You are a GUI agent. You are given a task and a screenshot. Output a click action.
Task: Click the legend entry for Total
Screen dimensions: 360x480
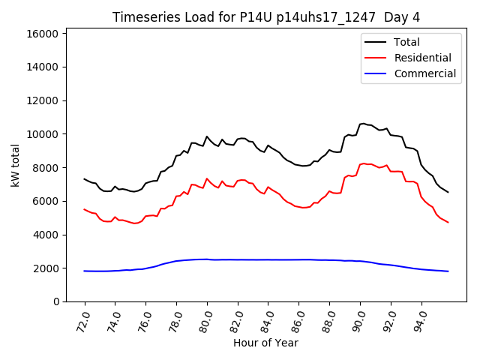pos(406,42)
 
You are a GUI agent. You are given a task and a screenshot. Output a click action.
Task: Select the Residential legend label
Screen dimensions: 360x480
pos(422,58)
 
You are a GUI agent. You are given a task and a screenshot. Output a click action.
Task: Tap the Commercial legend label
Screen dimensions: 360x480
pos(424,73)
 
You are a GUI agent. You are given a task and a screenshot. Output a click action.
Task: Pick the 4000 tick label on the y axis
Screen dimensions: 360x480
pos(46,235)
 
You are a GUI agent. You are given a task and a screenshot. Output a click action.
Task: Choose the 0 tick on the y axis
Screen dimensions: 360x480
pos(56,301)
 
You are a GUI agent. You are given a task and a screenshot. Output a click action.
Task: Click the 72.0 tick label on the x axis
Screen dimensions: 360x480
pos(82,320)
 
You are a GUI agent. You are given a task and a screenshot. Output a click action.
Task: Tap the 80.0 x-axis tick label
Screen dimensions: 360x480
pos(205,320)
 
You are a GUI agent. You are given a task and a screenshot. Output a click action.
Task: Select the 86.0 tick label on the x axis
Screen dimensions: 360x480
pos(298,320)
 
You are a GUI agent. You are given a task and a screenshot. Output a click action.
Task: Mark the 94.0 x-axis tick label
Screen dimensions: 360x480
pos(420,320)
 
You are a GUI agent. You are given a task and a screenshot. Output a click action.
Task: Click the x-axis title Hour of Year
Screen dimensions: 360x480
pos(266,343)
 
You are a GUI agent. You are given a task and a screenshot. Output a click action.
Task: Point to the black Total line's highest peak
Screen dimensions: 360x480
pos(363,124)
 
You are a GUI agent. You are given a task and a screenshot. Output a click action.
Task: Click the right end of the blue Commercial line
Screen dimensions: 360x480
pos(448,271)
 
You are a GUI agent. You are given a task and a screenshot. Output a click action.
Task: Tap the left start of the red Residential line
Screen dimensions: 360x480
pos(84,209)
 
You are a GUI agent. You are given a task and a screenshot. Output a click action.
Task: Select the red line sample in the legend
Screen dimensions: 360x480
pos(376,58)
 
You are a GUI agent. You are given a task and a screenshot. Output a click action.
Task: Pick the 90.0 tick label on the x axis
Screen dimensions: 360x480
pos(358,320)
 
